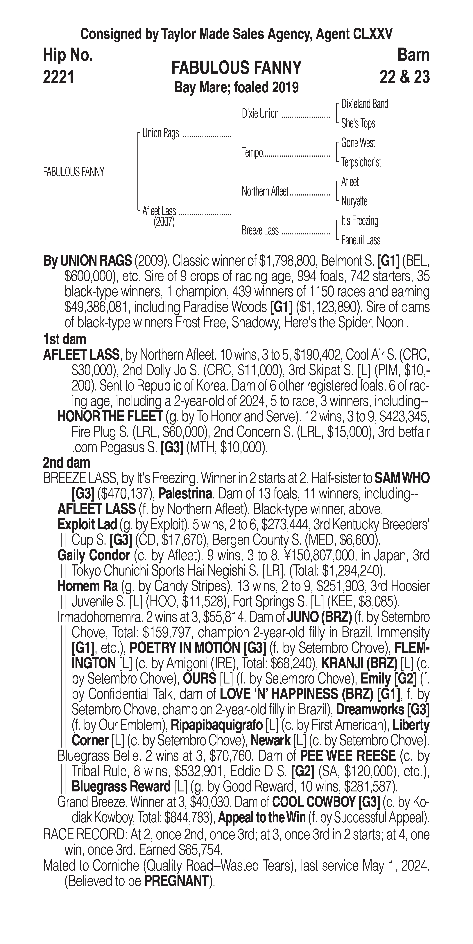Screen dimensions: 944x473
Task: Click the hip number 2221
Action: [x=59, y=77]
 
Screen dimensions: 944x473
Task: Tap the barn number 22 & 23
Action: [x=404, y=77]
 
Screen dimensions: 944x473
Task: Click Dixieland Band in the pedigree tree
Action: [x=364, y=104]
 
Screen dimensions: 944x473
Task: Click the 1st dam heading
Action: [x=64, y=339]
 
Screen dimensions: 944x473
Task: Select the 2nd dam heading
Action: [x=66, y=463]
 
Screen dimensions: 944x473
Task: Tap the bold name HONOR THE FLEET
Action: [x=110, y=417]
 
